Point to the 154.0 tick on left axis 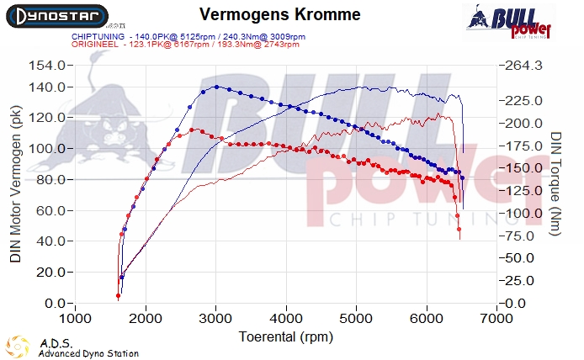point(47,66)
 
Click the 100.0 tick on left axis point(47,149)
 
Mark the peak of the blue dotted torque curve point(217,87)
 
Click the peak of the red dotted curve point(193,130)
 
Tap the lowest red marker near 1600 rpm point(118,296)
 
